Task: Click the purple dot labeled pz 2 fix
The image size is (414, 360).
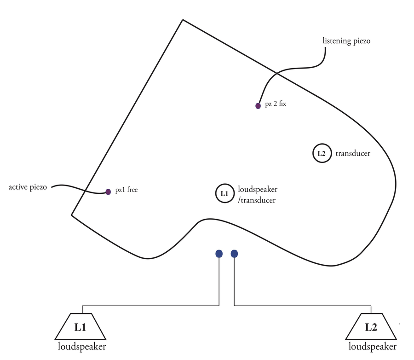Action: coord(258,106)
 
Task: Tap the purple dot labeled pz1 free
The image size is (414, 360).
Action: coord(108,192)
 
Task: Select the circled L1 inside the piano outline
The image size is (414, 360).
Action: coord(224,194)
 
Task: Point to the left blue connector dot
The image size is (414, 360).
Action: coord(219,254)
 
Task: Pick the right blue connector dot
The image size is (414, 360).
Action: coord(234,254)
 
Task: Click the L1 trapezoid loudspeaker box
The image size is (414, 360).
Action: coord(80,328)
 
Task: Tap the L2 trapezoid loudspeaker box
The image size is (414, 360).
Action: coord(371,328)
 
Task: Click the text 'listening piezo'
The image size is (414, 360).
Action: coord(346,41)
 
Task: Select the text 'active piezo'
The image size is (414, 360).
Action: coord(28,187)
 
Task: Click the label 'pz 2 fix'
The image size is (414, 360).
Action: coord(276,105)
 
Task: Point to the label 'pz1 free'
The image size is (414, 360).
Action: coord(126,190)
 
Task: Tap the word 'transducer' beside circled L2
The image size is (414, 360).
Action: coord(353,154)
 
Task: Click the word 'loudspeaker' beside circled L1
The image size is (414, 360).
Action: coord(257,190)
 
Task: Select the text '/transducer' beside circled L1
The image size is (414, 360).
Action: coord(257,200)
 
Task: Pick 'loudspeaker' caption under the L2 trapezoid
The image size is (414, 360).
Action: coord(372,347)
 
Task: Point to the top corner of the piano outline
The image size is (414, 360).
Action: coord(183,20)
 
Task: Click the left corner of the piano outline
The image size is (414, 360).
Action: coord(72,215)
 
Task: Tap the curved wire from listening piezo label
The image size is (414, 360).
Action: coord(294,69)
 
